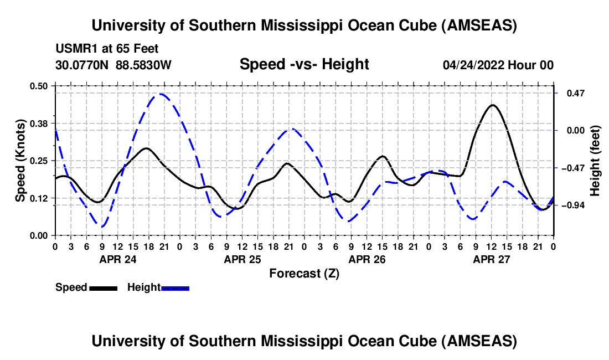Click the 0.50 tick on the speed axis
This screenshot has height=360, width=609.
coord(40,86)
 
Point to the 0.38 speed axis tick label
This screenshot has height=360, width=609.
coord(40,123)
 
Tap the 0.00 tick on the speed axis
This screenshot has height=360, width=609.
coord(40,236)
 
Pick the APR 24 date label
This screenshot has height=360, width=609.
coord(117,259)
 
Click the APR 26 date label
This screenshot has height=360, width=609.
coord(367,259)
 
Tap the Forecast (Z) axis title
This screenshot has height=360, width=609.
coord(304,273)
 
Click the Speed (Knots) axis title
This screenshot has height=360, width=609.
coord(20,160)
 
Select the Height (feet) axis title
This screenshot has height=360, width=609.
coord(595,161)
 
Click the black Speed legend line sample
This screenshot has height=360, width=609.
coord(102,287)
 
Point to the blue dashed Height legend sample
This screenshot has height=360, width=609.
coord(175,287)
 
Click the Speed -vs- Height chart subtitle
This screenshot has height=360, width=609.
coord(304,64)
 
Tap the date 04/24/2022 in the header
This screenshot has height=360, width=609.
coord(473,65)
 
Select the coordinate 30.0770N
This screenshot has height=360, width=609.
coord(83,65)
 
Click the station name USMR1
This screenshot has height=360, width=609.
coord(74,49)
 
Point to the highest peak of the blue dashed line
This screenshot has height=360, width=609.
coord(161,94)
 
